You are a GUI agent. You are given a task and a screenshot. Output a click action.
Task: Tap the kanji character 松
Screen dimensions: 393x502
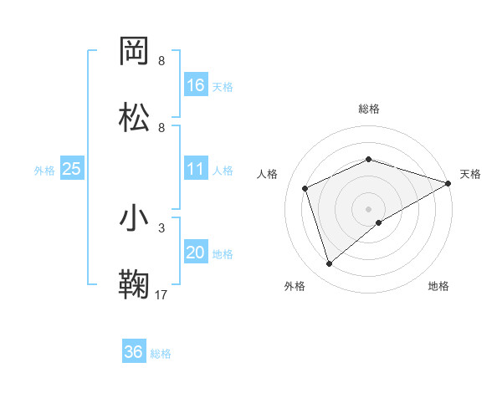136,118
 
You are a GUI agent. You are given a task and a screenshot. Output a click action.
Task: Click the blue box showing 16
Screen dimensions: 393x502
196,85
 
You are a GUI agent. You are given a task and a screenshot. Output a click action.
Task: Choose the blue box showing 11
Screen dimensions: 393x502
196,169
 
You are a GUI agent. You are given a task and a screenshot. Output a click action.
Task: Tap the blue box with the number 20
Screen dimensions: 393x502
196,253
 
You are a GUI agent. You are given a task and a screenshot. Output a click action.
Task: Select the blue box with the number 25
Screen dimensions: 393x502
72,169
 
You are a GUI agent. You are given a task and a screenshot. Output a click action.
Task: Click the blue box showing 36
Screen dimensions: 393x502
134,352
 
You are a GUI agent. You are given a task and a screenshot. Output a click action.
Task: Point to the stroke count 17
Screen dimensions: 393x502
161,294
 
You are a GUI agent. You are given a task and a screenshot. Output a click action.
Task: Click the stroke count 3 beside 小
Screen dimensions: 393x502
161,227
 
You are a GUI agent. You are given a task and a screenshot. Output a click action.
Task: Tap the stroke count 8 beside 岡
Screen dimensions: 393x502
161,61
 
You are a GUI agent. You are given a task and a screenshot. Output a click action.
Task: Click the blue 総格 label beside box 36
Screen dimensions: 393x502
161,354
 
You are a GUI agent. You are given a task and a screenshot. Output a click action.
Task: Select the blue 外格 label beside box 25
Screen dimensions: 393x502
44,170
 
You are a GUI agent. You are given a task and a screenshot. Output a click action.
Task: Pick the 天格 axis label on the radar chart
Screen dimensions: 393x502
470,174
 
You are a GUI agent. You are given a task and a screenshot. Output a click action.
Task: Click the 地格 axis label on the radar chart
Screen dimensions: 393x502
438,286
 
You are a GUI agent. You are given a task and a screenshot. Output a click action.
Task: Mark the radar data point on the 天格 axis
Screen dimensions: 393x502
449,183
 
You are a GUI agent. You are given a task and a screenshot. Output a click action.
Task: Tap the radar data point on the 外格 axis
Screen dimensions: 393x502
329,264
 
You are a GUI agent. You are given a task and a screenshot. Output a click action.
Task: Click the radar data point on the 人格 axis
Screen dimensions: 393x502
305,188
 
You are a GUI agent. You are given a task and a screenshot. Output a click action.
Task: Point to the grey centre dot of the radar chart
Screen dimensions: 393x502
368,208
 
